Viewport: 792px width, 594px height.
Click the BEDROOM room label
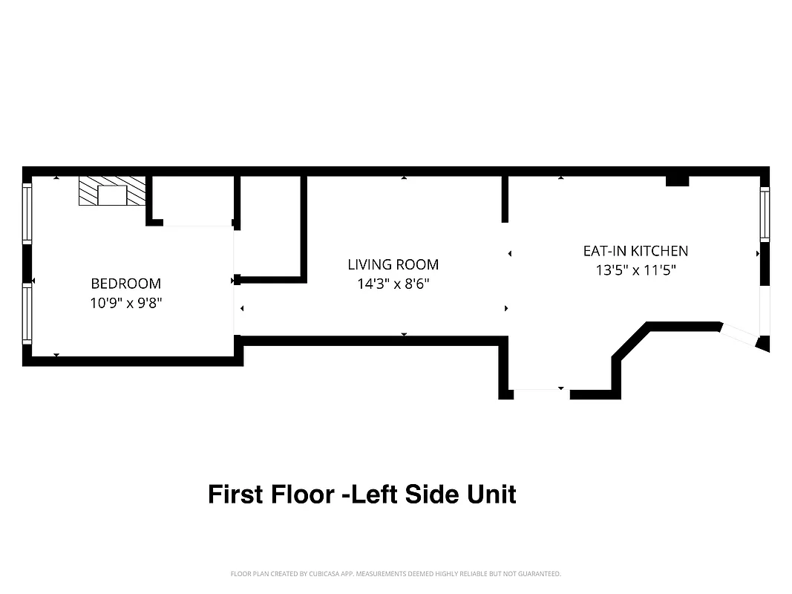click(125, 284)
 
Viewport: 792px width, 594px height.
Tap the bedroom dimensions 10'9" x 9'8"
click(125, 303)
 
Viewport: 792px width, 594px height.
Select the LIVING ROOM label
click(393, 264)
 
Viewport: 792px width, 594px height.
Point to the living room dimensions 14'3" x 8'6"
click(393, 284)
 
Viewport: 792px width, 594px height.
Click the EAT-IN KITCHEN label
click(635, 251)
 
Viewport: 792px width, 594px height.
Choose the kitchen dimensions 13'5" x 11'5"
click(635, 270)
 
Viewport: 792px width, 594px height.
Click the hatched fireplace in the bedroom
click(112, 191)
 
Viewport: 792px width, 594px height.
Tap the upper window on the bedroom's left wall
click(27, 214)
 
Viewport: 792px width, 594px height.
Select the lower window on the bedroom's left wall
click(27, 315)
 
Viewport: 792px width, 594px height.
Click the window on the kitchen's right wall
click(765, 214)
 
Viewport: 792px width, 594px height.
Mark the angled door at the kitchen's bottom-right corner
click(739, 335)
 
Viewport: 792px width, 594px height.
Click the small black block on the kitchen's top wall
click(677, 180)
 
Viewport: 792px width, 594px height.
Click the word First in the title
click(235, 494)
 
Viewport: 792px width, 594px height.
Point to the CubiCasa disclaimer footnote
click(396, 574)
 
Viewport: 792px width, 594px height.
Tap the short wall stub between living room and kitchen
click(505, 198)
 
